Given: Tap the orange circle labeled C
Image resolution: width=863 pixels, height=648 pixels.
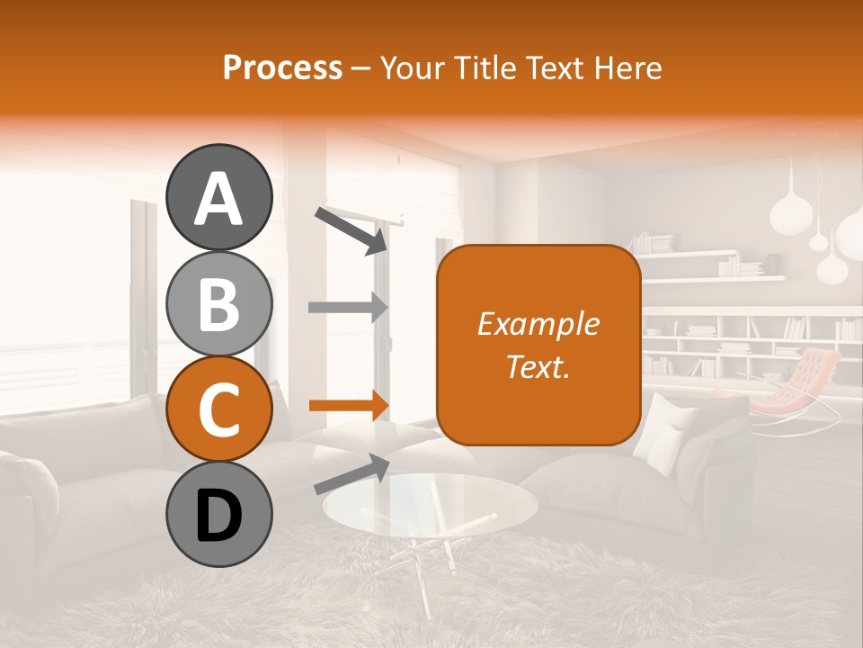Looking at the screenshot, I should [218, 409].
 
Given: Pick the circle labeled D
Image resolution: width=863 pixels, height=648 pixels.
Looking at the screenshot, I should [218, 515].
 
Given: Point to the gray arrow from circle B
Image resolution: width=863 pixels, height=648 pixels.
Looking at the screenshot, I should [348, 307].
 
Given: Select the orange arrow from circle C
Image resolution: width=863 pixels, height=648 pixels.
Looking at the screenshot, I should [348, 406].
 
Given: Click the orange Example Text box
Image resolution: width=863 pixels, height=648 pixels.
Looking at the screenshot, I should [538, 345].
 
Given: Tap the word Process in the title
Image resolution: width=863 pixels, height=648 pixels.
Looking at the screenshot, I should [282, 67].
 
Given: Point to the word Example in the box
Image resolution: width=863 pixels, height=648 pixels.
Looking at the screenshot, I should [538, 324].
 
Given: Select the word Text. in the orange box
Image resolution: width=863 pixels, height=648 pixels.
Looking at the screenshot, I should [538, 366].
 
